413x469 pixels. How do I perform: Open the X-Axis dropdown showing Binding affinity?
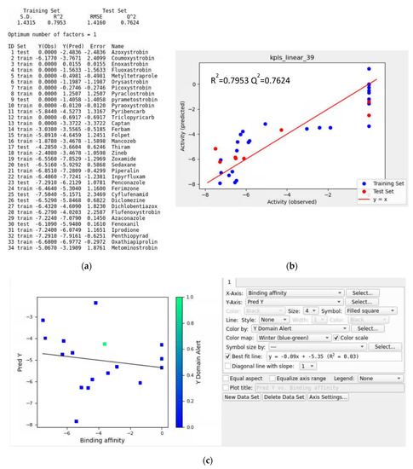tap(298, 292)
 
